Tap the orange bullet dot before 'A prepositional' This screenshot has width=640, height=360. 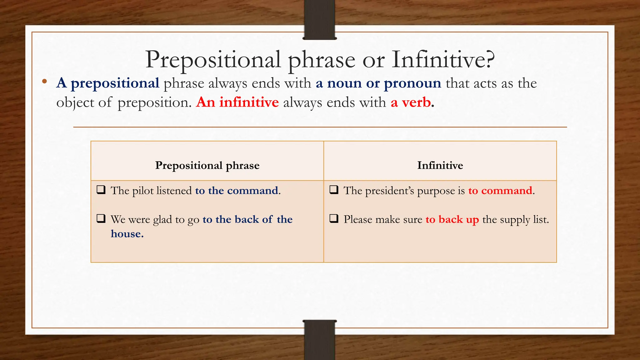44,82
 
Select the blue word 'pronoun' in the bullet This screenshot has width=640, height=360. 412,83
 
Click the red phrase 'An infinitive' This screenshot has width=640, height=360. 237,102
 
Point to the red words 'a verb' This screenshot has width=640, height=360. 411,102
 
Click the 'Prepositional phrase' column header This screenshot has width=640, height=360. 207,165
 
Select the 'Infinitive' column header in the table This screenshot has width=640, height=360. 440,165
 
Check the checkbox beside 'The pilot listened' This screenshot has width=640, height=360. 101,190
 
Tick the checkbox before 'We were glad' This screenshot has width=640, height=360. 101,218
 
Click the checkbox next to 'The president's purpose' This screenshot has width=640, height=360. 334,190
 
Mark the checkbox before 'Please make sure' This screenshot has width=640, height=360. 334,218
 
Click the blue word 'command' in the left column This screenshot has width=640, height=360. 252,191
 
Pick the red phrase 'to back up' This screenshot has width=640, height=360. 452,220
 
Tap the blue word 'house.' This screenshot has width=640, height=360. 127,234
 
